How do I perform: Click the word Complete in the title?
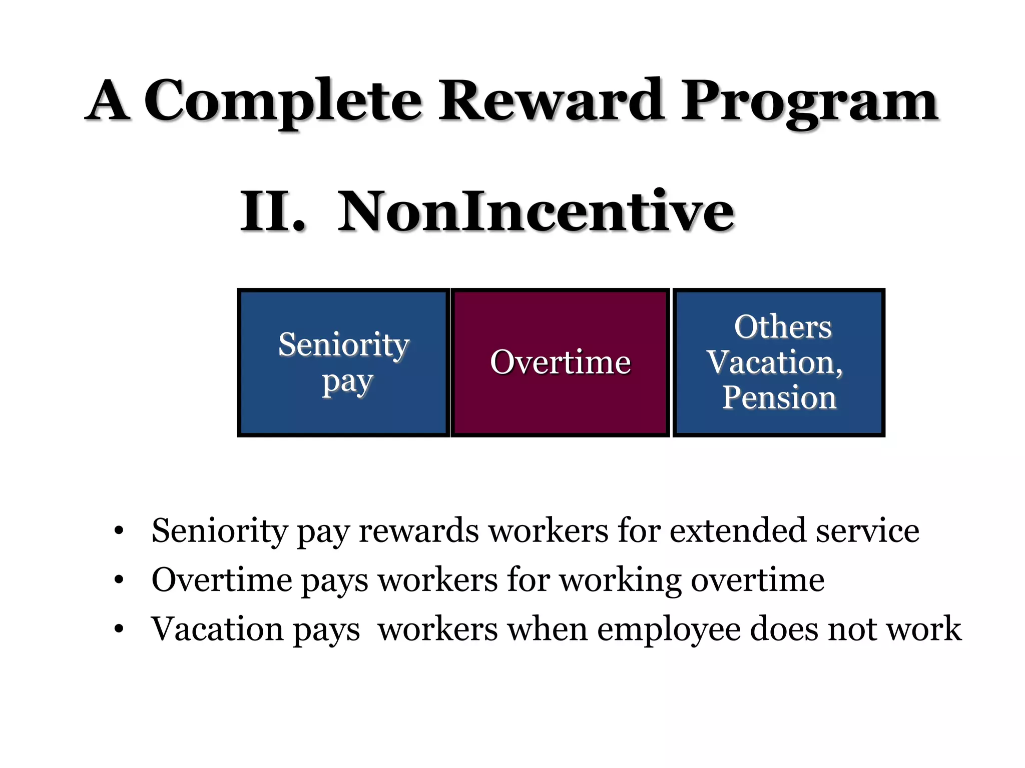pyautogui.click(x=283, y=101)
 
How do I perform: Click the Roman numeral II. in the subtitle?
pyautogui.click(x=273, y=211)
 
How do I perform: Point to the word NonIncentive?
pyautogui.click(x=536, y=211)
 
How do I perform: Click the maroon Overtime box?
pyautogui.click(x=560, y=362)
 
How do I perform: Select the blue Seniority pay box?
pyautogui.click(x=344, y=362)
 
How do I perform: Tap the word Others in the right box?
pyautogui.click(x=783, y=327)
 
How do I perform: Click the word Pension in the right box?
pyautogui.click(x=779, y=397)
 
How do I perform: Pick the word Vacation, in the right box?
pyautogui.click(x=775, y=362)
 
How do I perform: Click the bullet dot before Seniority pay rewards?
pyautogui.click(x=119, y=531)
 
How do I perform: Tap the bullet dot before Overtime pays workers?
pyautogui.click(x=119, y=580)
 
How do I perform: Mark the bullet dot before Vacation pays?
pyautogui.click(x=119, y=629)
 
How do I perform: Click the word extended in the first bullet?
pyautogui.click(x=738, y=530)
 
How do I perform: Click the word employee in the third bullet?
pyautogui.click(x=669, y=629)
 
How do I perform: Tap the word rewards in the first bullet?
pyautogui.click(x=418, y=530)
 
